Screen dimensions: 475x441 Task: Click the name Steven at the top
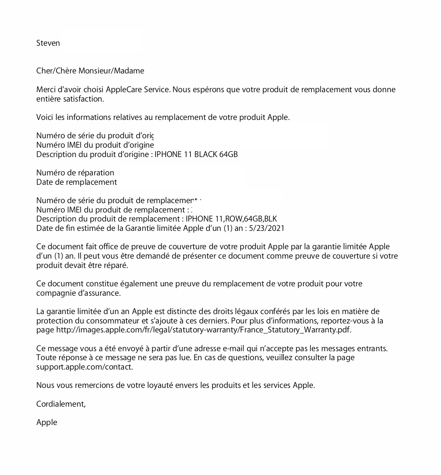(x=48, y=43)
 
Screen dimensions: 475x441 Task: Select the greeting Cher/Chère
(x=56, y=71)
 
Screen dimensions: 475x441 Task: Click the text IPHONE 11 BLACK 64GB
(x=196, y=154)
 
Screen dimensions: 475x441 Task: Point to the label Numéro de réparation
(x=75, y=173)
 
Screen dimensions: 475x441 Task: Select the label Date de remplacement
(x=76, y=182)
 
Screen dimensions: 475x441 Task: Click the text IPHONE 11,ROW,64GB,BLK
(x=231, y=219)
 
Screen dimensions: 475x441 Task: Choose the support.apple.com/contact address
(x=84, y=367)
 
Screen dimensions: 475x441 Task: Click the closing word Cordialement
(x=60, y=404)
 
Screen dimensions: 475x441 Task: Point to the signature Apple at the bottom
(x=47, y=422)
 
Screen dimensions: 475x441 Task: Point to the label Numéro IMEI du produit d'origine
(x=95, y=145)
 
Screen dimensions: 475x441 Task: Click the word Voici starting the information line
(x=45, y=117)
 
